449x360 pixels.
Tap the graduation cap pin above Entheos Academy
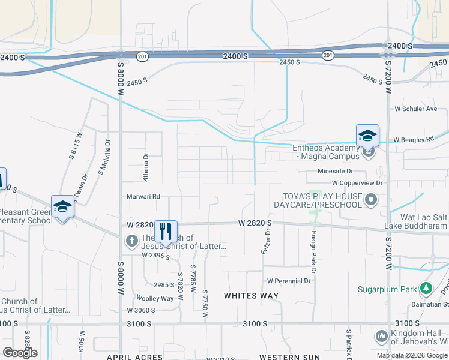367,136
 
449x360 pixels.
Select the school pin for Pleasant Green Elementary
62,207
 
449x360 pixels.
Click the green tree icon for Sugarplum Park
426,289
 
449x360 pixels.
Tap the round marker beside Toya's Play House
372,200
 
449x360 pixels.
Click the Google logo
20,353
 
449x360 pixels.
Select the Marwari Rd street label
143,196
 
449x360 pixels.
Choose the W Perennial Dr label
289,280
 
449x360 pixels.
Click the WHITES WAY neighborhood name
251,296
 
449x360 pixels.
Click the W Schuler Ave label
415,109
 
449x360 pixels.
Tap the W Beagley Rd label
414,140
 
